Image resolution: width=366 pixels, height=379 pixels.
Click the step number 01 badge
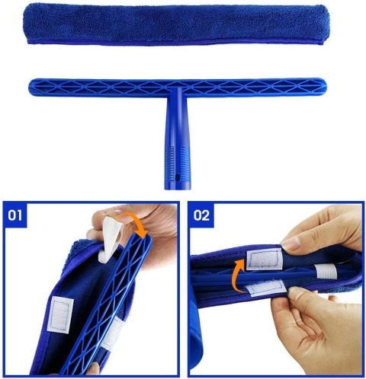click(x=14, y=215)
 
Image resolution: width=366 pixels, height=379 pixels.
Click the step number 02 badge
click(x=201, y=215)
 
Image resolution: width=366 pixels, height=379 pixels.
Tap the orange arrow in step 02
click(x=239, y=275)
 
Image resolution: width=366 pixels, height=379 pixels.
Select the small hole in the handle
click(x=178, y=177)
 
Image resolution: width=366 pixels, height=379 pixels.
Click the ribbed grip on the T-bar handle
click(x=178, y=159)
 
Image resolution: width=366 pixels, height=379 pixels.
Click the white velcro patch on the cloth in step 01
click(x=60, y=314)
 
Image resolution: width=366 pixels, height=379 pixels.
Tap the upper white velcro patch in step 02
click(x=265, y=259)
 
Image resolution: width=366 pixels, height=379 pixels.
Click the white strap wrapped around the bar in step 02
click(x=326, y=271)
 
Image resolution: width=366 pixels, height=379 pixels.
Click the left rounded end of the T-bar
click(x=31, y=88)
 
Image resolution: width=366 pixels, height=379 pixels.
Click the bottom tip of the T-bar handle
click(x=177, y=188)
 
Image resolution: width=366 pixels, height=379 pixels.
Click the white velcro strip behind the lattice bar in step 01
click(x=112, y=333)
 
